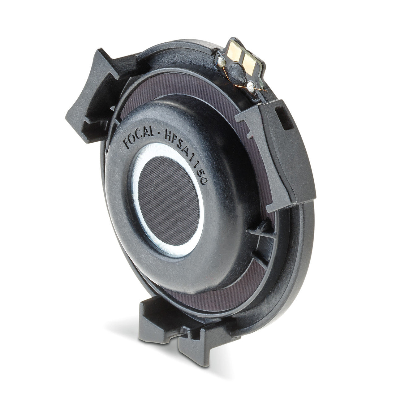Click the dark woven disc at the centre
click(169, 201)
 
